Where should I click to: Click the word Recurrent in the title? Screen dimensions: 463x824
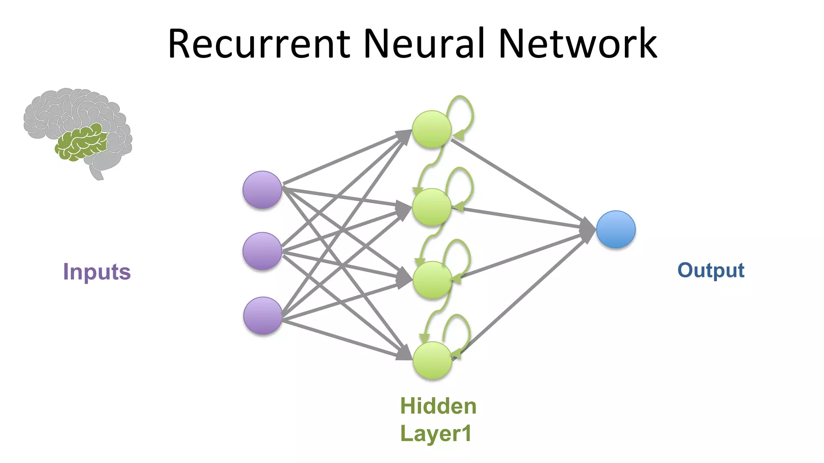pos(259,44)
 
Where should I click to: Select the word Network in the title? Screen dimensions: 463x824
pos(577,44)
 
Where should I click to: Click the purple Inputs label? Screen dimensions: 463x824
pos(97,272)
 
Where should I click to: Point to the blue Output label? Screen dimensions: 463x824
pos(711,270)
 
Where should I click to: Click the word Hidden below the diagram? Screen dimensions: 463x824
pos(438,406)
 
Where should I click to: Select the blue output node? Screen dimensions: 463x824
pos(616,229)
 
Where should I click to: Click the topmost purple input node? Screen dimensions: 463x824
pos(262,190)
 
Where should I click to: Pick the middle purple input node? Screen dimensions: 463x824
pos(262,251)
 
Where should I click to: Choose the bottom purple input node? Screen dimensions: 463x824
pos(263,316)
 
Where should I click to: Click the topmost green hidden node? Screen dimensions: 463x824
pos(431,129)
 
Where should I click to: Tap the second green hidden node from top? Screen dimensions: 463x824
pos(432,207)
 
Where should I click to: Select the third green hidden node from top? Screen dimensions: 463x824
pos(432,280)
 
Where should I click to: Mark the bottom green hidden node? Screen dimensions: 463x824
pos(433,361)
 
